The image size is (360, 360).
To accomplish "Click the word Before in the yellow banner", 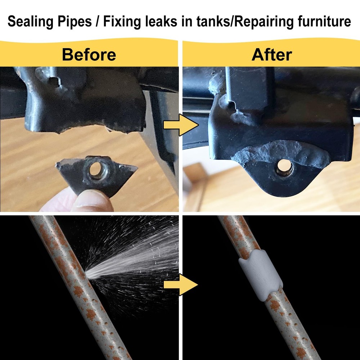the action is (89, 55).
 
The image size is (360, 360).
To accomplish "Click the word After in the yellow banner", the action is (271, 55).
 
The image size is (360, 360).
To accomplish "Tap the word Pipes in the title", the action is (75, 22).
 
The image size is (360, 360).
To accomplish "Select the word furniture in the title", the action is (324, 21).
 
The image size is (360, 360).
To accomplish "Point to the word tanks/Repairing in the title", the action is (245, 22).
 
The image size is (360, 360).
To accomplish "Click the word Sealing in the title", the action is (31, 22).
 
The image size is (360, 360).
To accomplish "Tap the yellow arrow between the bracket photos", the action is (181, 125).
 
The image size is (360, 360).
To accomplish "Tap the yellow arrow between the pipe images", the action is (181, 285).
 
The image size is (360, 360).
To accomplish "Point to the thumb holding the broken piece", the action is (92, 201).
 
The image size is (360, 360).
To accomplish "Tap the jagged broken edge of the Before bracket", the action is (87, 129).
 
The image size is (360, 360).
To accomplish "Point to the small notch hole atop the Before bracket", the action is (53, 81).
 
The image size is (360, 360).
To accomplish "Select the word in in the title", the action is (186, 21).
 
